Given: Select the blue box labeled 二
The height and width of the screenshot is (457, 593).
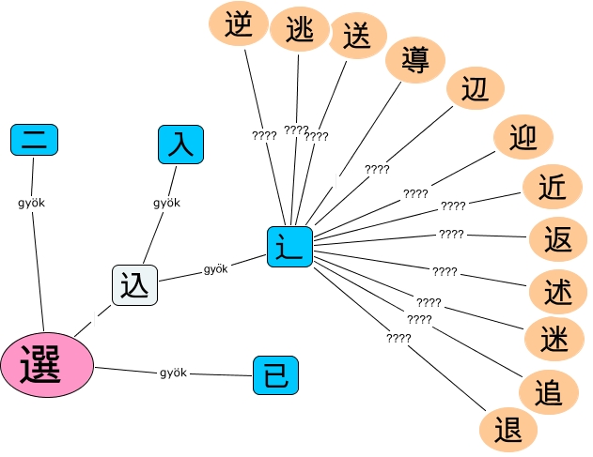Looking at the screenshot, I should (35, 140).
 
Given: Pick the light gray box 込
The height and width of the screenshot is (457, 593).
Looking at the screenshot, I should (134, 285).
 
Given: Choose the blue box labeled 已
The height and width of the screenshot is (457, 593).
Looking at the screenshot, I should (276, 375).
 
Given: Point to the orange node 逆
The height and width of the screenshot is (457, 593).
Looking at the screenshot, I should (239, 25).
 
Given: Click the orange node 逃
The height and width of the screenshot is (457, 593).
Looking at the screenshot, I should (299, 30).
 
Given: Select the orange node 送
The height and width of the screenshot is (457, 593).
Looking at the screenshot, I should (357, 38).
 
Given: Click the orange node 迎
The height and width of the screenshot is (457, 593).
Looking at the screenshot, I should (523, 139).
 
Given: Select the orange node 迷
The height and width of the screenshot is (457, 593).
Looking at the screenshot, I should (553, 340).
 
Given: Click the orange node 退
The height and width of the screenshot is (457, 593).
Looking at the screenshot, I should (507, 430).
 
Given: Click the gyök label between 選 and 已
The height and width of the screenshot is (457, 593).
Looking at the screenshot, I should (174, 373).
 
